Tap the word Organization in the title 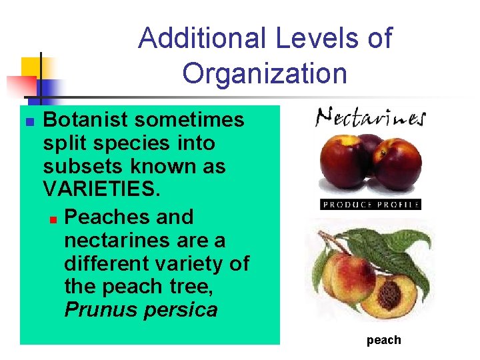pyautogui.click(x=265, y=73)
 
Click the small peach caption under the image pyautogui.click(x=383, y=340)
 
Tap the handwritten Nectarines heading pyautogui.click(x=370, y=118)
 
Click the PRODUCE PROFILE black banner pyautogui.click(x=371, y=205)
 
